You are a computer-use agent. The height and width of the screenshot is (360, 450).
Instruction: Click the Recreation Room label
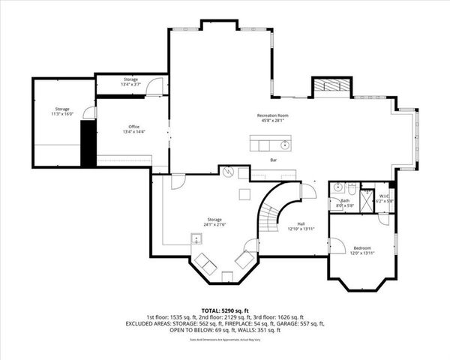click(x=273, y=118)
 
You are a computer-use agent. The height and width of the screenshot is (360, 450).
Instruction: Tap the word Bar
click(x=274, y=160)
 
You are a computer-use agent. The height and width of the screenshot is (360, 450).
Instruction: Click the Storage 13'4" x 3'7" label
click(x=131, y=81)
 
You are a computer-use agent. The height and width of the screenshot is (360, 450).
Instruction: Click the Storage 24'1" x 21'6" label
click(x=214, y=222)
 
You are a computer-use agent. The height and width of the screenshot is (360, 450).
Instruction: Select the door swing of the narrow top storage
click(x=154, y=85)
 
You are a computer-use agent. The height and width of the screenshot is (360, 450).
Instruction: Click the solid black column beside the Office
click(x=87, y=143)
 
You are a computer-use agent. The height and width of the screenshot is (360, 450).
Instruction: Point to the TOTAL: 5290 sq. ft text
click(x=224, y=310)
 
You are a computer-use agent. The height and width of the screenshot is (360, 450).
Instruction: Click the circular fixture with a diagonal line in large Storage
click(x=229, y=172)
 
